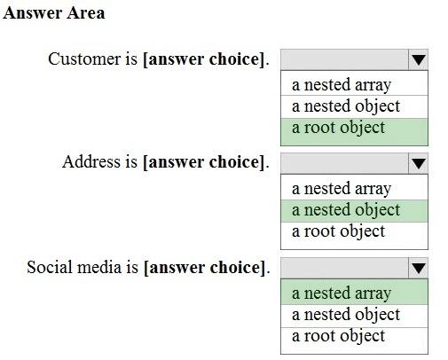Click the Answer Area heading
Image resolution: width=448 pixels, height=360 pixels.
click(x=54, y=13)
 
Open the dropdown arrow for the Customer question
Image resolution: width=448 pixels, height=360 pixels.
click(x=418, y=59)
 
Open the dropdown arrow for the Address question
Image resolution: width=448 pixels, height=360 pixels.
click(x=418, y=163)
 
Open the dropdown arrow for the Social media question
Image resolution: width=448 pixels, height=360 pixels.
click(x=418, y=268)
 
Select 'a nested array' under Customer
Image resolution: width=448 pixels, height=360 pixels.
click(x=342, y=85)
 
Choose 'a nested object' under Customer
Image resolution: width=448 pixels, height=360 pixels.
click(x=346, y=106)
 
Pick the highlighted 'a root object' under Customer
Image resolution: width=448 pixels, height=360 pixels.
click(x=338, y=128)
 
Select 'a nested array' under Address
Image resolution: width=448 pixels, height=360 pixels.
click(x=342, y=189)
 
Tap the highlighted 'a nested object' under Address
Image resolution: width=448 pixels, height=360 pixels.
click(x=346, y=210)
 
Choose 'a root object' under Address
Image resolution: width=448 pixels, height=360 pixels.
click(x=338, y=231)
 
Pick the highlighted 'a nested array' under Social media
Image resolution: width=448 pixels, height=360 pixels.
click(x=342, y=293)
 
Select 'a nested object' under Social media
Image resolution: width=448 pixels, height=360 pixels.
click(x=346, y=315)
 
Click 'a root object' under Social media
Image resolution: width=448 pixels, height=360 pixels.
click(x=338, y=336)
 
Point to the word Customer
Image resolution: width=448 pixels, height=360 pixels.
click(x=84, y=59)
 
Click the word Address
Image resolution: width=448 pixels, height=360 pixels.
click(x=91, y=162)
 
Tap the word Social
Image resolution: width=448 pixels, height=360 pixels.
click(x=50, y=267)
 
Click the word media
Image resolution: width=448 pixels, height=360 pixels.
click(x=99, y=267)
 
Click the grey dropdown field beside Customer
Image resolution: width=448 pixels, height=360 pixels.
click(x=344, y=59)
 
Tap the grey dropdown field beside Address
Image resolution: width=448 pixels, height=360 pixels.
click(x=344, y=163)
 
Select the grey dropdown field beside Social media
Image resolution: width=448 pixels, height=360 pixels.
click(x=344, y=268)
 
